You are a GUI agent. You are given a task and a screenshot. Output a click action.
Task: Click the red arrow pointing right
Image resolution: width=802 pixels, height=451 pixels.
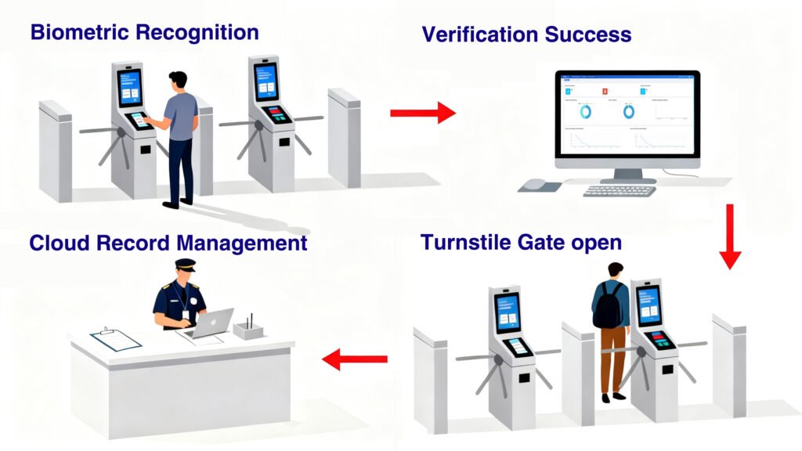[422, 114]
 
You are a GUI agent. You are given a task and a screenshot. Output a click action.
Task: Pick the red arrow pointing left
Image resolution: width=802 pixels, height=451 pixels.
[355, 359]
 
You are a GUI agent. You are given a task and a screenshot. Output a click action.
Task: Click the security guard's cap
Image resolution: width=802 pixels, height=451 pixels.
[185, 265]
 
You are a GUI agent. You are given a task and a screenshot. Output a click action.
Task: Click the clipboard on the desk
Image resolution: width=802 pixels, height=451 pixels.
[115, 338]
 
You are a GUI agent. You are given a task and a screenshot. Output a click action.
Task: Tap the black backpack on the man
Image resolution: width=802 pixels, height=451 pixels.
[608, 307]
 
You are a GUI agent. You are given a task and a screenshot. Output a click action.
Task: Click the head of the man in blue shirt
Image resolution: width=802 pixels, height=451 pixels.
[179, 81]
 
